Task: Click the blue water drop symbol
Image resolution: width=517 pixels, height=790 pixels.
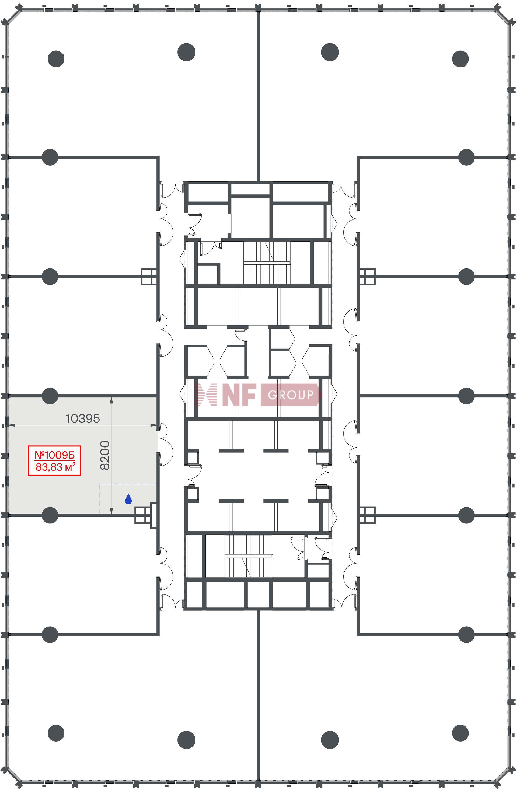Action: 128,499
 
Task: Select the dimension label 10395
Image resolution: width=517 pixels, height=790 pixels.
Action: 83,419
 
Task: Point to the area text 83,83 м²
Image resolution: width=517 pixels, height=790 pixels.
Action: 55,467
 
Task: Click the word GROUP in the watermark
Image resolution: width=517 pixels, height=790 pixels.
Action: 291,395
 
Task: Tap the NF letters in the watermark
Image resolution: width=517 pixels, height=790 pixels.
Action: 239,395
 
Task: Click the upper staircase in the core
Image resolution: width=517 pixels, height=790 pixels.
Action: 267,263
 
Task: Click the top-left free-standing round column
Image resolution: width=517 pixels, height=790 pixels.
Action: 56,59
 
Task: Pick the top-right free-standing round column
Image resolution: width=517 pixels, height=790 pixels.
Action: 460,59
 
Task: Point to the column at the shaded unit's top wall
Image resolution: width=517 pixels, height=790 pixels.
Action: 50,396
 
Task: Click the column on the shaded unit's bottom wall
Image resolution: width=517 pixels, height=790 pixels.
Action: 50,515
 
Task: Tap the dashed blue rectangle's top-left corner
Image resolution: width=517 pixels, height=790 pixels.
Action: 100,484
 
